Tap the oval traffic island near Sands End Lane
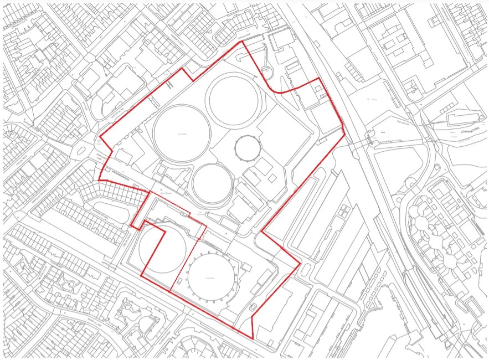click(x=266, y=70)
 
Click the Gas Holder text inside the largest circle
click(x=181, y=133)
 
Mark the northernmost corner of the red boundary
click(x=242, y=42)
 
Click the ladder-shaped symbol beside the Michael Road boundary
click(x=169, y=83)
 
